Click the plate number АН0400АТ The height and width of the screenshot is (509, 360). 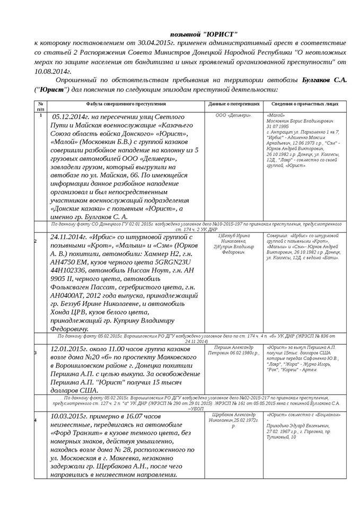(70, 298)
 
